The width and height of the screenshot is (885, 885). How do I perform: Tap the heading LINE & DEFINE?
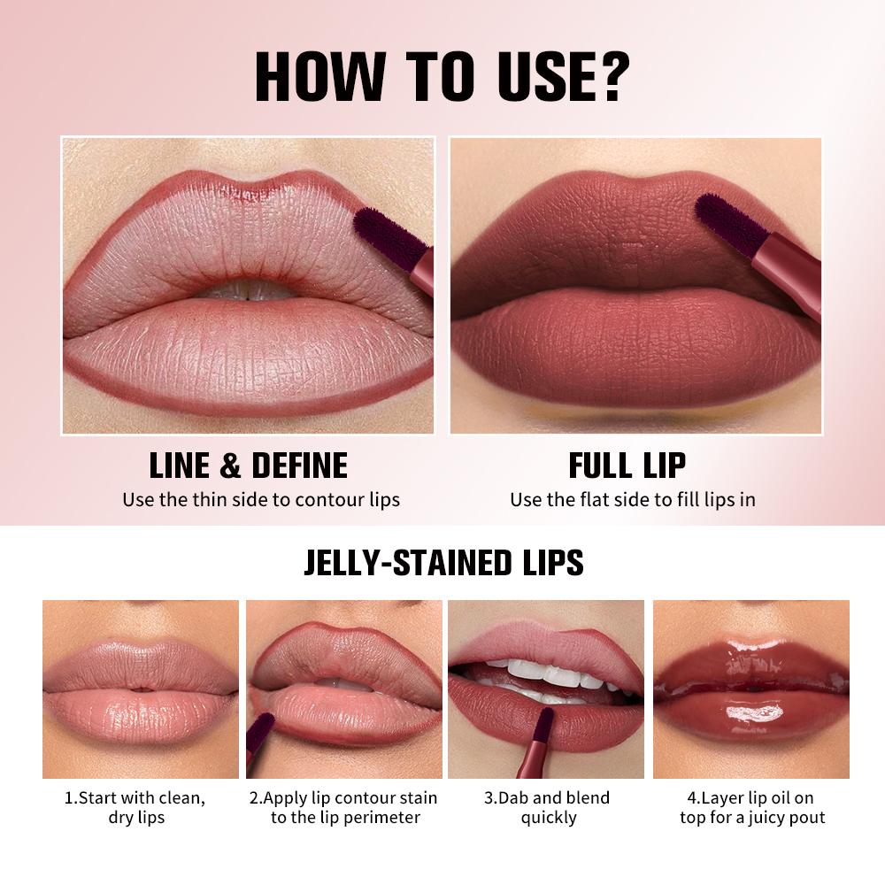[x=248, y=466]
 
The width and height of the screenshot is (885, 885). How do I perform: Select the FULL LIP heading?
[x=627, y=466]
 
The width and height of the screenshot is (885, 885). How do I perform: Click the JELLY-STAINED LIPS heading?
[x=443, y=563]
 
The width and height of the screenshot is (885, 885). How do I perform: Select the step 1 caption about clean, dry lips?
[x=135, y=807]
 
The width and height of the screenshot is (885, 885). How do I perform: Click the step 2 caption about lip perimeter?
[x=342, y=807]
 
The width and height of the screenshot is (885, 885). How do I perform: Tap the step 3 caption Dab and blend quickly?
[x=547, y=807]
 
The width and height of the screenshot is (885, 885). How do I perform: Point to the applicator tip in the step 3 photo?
[x=545, y=721]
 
